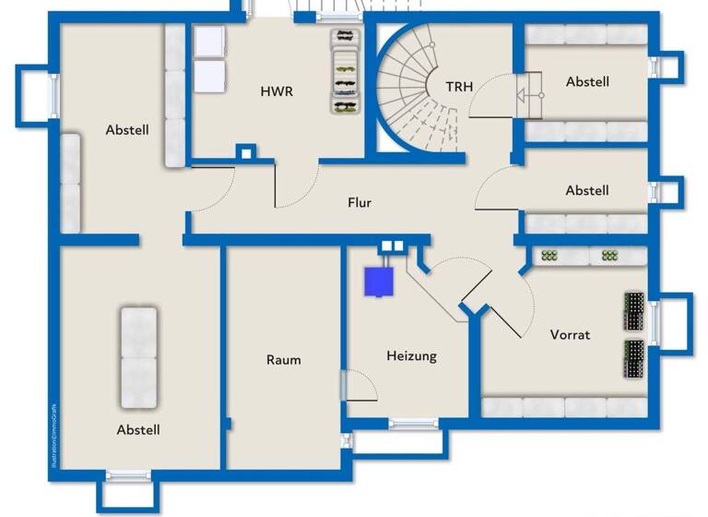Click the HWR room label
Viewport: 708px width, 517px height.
[277, 91]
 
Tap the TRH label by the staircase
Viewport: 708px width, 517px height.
[459, 87]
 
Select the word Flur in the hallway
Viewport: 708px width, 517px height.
[360, 202]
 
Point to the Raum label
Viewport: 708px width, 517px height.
[283, 359]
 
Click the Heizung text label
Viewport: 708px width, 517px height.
[411, 355]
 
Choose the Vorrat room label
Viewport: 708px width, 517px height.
[570, 334]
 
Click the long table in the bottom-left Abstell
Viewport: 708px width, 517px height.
[138, 356]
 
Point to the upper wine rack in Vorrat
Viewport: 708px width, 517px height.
[635, 311]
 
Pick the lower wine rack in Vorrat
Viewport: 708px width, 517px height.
[635, 359]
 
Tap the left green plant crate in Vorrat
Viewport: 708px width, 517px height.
[551, 256]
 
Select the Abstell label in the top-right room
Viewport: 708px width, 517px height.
[587, 81]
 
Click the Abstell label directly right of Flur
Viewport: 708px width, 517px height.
[587, 190]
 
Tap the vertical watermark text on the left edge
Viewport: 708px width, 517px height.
[53, 430]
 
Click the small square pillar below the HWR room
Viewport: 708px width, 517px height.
[244, 153]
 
